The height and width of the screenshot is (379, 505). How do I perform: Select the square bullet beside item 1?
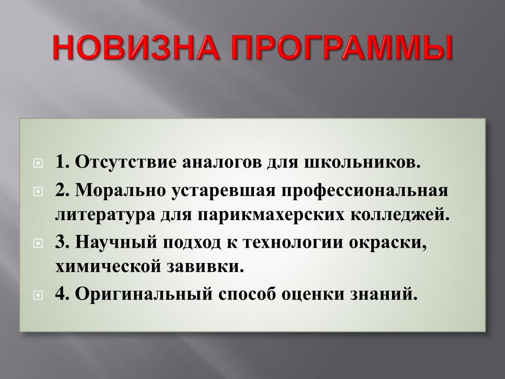[37, 163]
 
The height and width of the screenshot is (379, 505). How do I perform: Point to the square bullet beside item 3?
[37, 243]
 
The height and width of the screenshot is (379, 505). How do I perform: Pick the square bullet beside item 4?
[37, 295]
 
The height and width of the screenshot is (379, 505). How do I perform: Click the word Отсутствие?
[126, 162]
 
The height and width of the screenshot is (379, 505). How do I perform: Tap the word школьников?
[362, 162]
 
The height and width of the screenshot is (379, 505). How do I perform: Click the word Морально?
[120, 190]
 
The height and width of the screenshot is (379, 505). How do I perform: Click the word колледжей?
[399, 215]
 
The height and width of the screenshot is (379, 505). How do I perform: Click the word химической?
[108, 267]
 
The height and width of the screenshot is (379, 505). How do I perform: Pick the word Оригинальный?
[144, 294]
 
